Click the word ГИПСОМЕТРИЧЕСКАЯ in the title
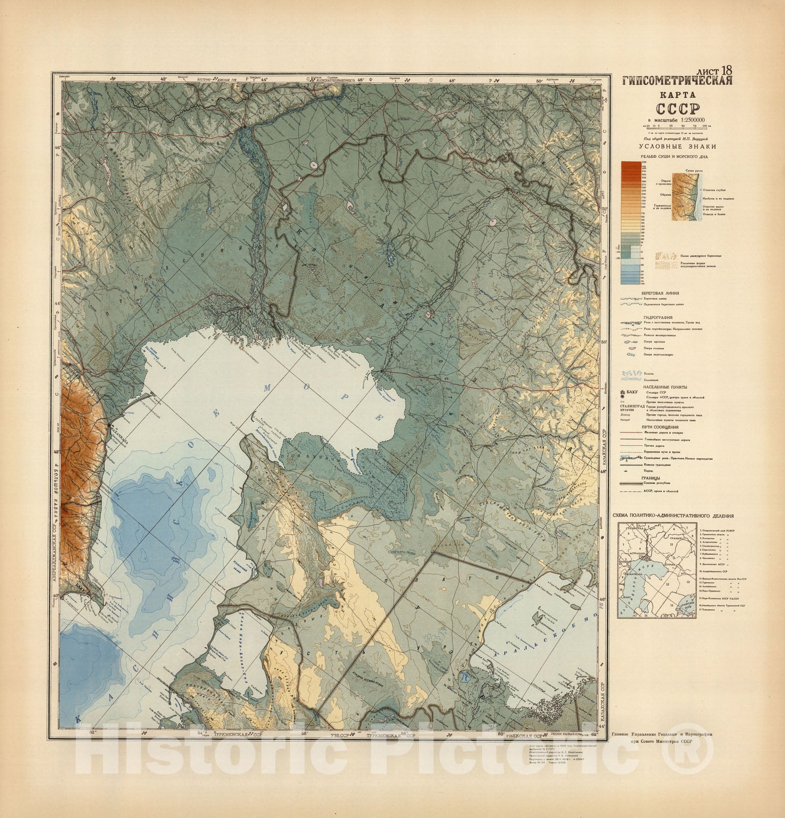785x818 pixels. [x=677, y=81]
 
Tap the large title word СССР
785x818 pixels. [x=676, y=110]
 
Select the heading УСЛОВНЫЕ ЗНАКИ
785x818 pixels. [x=676, y=147]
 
